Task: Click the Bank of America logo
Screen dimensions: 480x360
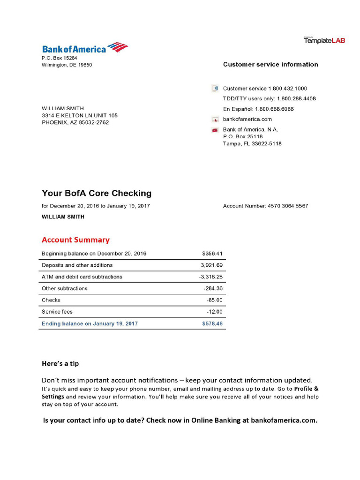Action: (x=85, y=48)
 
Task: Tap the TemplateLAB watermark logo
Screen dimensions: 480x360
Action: (x=324, y=41)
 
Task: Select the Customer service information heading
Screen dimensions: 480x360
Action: (x=270, y=65)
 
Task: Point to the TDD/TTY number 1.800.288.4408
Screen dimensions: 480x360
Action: (x=296, y=99)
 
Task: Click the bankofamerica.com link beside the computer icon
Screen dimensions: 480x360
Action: (x=247, y=120)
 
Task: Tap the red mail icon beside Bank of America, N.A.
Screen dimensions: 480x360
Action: (x=215, y=130)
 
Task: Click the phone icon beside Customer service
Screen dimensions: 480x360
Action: (x=215, y=89)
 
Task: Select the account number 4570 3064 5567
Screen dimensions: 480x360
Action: (x=288, y=206)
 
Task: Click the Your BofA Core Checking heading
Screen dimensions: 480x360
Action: (x=97, y=193)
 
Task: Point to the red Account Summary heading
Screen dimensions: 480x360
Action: (x=75, y=240)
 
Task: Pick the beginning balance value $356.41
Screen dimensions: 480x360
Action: (x=212, y=254)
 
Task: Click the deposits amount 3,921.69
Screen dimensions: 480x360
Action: (x=212, y=265)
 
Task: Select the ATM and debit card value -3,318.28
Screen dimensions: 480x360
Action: (x=211, y=277)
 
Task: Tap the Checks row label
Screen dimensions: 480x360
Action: (x=51, y=300)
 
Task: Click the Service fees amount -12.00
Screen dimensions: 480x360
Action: (x=215, y=312)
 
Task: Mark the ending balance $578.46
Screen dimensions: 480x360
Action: (x=212, y=323)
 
